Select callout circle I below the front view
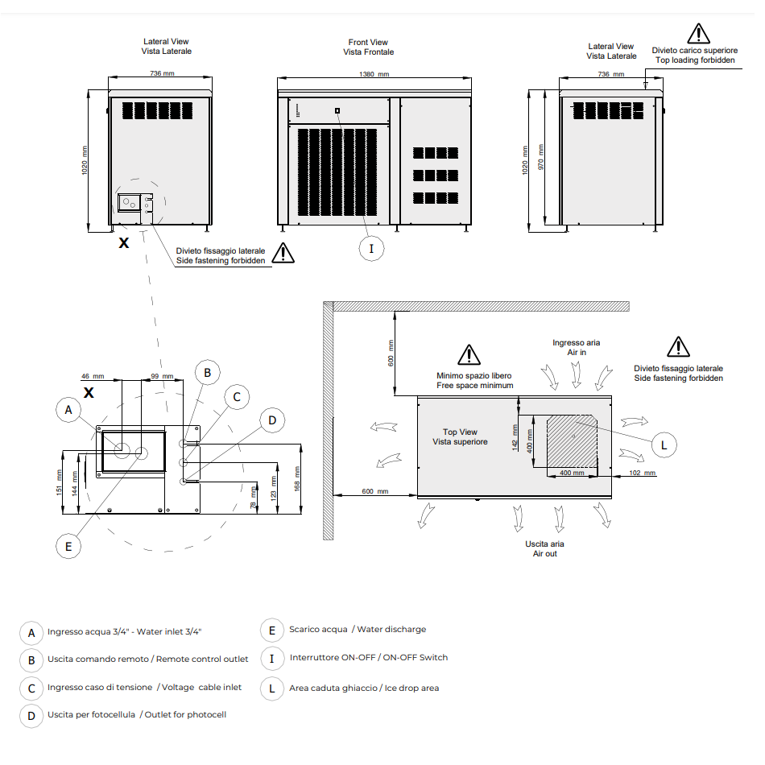371,248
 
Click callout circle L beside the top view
664,444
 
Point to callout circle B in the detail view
207,373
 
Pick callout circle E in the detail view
68,546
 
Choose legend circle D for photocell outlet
31,715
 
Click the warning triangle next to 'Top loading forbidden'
697,34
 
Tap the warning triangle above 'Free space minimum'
468,354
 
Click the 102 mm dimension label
643,473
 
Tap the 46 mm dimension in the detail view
93,377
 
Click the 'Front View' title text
368,43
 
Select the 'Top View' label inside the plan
460,437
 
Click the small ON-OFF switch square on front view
337,111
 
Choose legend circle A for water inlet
31,632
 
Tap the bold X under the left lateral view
123,242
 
